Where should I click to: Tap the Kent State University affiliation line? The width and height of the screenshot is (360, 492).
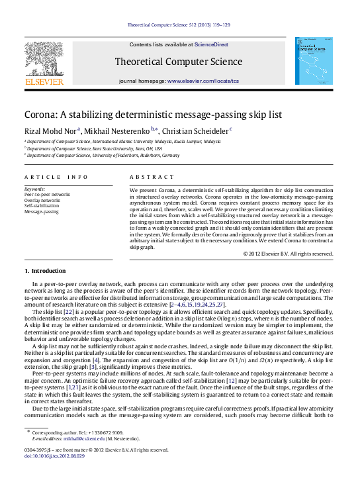(99, 148)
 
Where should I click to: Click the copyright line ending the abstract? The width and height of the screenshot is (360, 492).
(287, 253)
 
